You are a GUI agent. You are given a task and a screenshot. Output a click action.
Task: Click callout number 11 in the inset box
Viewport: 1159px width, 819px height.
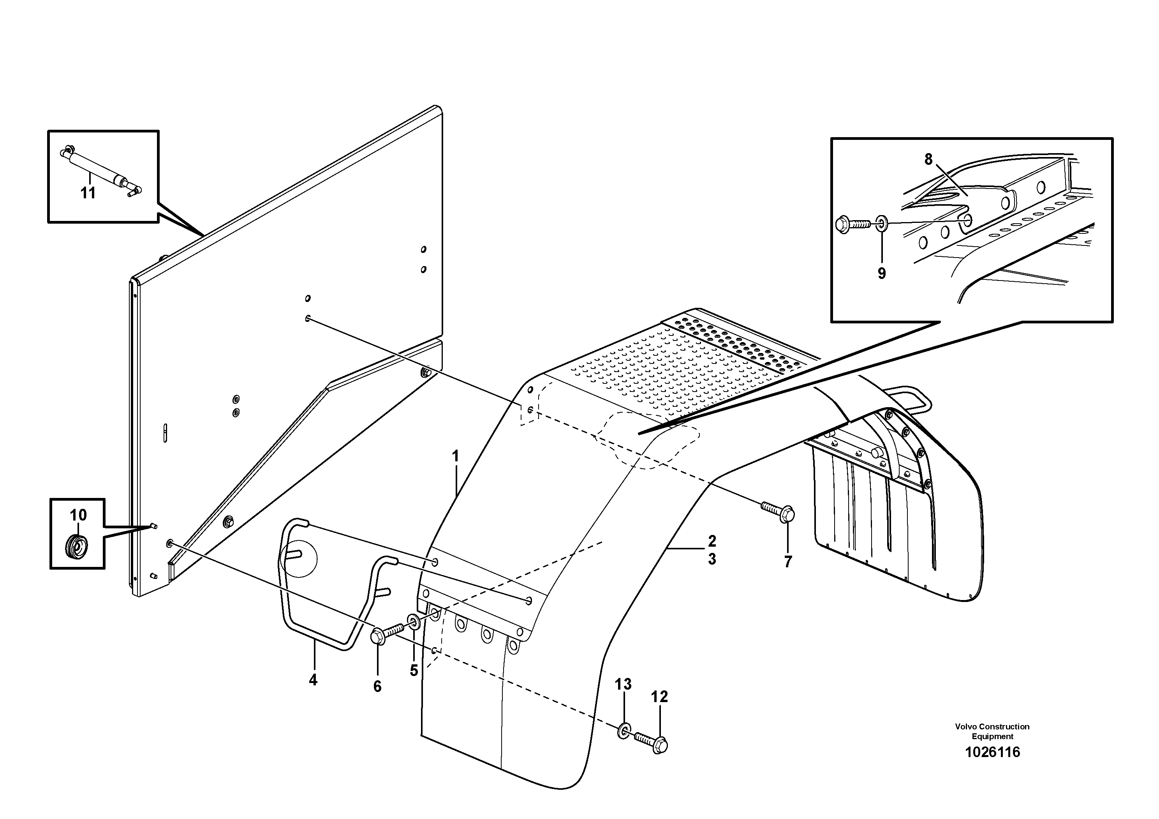88,193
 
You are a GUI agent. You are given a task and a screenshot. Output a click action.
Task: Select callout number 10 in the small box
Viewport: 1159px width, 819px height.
78,515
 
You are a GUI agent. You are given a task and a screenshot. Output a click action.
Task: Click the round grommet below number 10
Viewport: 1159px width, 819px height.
77,546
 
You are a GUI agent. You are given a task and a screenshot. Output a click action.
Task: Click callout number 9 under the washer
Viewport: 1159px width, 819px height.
881,273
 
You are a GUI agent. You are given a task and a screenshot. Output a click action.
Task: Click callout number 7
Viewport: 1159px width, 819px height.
788,561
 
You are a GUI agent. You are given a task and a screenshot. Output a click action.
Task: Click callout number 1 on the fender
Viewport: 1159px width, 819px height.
455,457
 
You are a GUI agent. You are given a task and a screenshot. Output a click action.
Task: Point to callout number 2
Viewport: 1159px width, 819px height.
712,541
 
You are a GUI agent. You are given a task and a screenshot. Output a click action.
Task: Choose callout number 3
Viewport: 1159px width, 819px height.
712,559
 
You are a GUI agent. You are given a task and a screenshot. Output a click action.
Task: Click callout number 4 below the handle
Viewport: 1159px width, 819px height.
313,680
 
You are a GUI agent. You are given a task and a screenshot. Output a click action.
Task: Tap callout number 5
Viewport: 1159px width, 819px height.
414,671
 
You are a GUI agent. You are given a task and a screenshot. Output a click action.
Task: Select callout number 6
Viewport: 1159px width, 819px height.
377,686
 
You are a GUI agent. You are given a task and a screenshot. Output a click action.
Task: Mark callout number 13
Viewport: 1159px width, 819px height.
623,684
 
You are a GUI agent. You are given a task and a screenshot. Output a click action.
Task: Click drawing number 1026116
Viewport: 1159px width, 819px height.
992,766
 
